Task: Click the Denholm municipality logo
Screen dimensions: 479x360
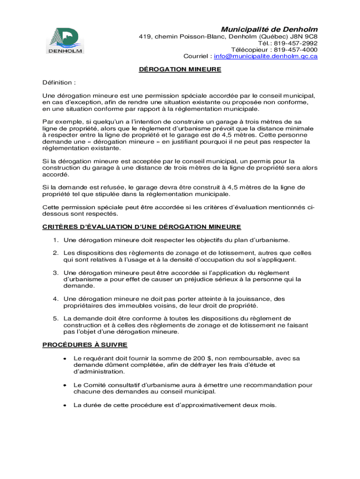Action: [x=65, y=40]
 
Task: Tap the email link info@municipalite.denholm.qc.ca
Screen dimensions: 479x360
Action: [x=266, y=56]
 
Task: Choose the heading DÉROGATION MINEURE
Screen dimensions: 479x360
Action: [x=180, y=70]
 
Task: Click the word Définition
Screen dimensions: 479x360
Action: [x=57, y=83]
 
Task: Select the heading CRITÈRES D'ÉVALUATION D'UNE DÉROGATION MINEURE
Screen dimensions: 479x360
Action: [x=142, y=227]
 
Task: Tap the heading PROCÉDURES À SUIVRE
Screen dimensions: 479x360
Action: [x=85, y=345]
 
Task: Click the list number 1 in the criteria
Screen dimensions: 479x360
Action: [x=55, y=240]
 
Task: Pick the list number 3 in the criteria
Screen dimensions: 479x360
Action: [x=55, y=273]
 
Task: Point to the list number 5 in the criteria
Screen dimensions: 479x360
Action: [x=55, y=319]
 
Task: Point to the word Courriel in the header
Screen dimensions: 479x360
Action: [x=196, y=56]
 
